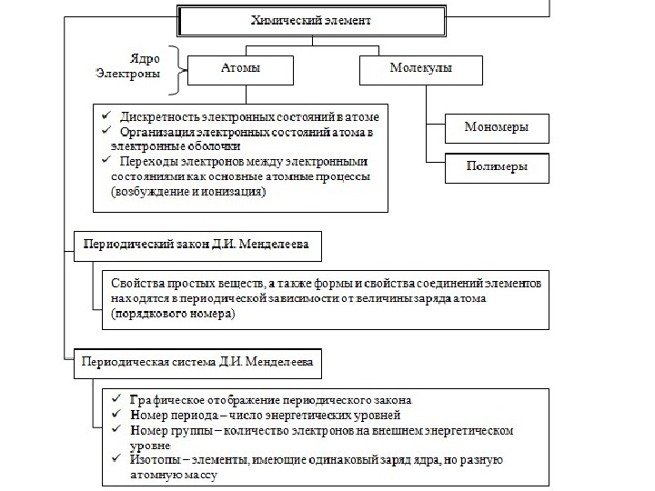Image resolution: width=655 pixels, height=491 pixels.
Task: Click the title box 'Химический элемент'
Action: pyautogui.click(x=312, y=19)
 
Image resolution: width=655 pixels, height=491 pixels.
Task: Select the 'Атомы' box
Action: pyautogui.click(x=240, y=68)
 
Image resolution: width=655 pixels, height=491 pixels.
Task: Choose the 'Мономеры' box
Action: pyautogui.click(x=496, y=127)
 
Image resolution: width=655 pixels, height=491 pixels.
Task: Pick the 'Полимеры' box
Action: pyautogui.click(x=496, y=168)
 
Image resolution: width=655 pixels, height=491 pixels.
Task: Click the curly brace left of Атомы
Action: pyautogui.click(x=176, y=69)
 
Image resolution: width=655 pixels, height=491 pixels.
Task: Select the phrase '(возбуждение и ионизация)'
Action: pyautogui.click(x=188, y=193)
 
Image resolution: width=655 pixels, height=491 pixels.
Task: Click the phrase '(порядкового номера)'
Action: pyautogui.click(x=173, y=315)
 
